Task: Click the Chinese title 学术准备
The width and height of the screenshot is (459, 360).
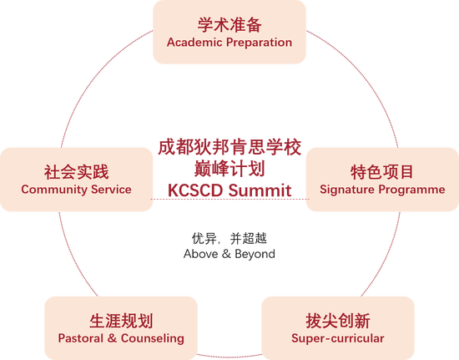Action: point(229,25)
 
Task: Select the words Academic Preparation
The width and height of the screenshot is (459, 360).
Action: point(229,43)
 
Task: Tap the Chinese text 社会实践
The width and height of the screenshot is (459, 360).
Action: point(77,172)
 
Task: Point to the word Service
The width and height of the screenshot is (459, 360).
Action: point(111,190)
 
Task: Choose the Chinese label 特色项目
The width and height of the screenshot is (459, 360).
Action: point(382,172)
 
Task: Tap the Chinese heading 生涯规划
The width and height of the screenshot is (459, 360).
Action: point(121,321)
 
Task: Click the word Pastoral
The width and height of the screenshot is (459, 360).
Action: point(80,338)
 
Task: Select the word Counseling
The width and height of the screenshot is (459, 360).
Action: point(153,338)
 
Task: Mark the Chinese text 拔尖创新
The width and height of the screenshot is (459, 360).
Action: point(338,321)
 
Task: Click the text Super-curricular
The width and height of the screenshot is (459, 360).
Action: point(338,338)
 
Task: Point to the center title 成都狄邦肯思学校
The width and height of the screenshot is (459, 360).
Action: point(229,147)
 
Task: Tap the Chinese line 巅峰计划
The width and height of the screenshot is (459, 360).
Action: point(229,169)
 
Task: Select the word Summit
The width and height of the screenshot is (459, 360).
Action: point(260,190)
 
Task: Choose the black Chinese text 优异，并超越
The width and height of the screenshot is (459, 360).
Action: point(229,238)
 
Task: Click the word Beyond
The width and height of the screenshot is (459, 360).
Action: point(255,254)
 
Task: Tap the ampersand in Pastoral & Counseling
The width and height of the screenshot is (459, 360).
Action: point(112,338)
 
